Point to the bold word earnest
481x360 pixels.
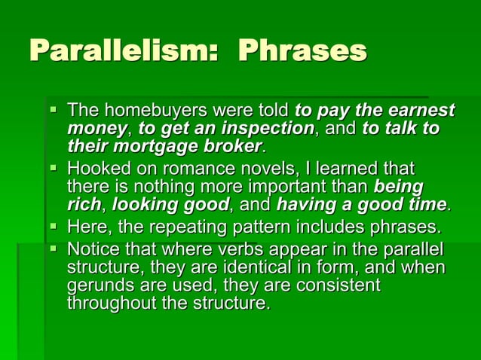pyautogui.click(x=419, y=112)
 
